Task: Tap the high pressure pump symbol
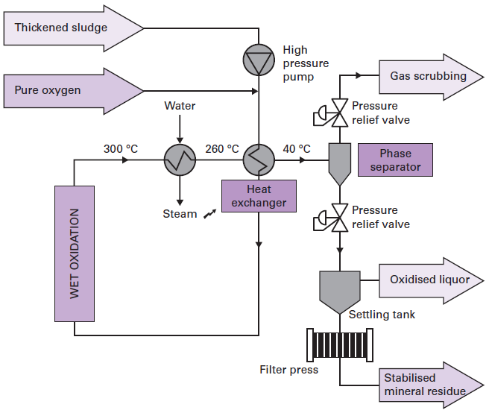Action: [x=259, y=60]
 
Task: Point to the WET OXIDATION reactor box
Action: [x=75, y=254]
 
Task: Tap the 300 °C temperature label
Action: [x=121, y=148]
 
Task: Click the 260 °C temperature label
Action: [x=221, y=148]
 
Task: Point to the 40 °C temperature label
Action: [x=296, y=148]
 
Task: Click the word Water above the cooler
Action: [x=180, y=106]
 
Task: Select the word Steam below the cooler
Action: [x=180, y=214]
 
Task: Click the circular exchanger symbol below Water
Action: [x=180, y=159]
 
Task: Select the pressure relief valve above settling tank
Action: [x=339, y=218]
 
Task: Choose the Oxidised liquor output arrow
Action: [x=428, y=280]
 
